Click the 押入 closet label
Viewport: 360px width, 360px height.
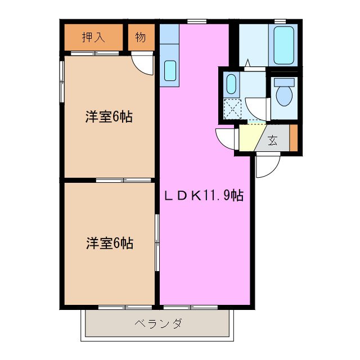(x=93, y=38)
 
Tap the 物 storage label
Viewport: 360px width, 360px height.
(x=140, y=38)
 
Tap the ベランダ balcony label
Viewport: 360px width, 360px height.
(x=158, y=323)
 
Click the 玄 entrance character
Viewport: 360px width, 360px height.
(x=272, y=141)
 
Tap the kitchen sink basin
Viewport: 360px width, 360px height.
(x=170, y=71)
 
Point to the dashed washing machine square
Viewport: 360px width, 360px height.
(x=232, y=108)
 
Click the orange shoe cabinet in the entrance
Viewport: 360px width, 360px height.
(x=292, y=137)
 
